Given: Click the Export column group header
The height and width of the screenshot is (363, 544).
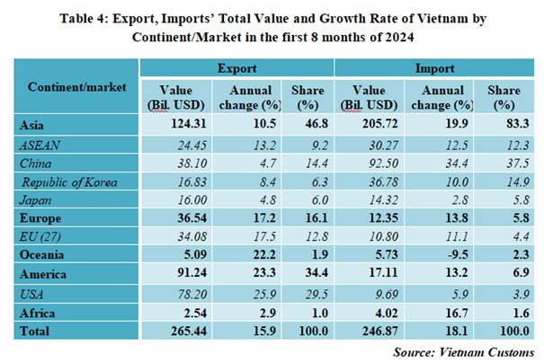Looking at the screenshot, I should point(237,67).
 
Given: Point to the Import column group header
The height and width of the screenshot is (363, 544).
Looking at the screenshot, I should point(433,67).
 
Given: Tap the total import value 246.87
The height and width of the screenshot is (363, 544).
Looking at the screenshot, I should point(369,332).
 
